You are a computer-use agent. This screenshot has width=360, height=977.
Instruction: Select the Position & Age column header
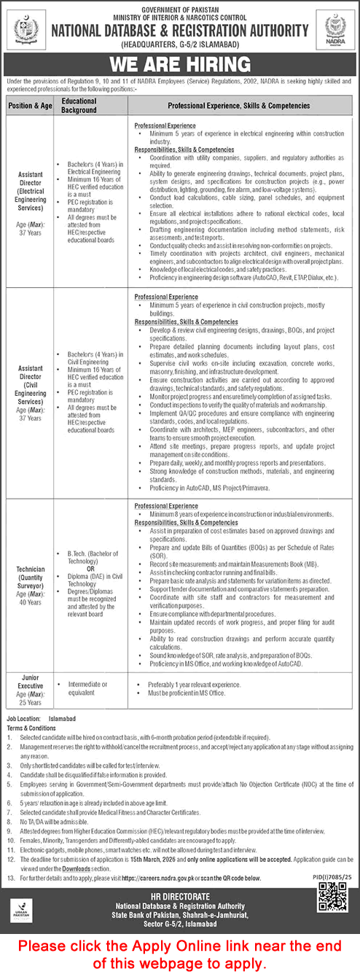click(x=29, y=106)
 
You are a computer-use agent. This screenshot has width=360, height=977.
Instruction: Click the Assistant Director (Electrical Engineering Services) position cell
click(x=29, y=196)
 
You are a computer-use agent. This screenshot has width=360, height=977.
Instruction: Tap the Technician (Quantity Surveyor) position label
click(x=29, y=579)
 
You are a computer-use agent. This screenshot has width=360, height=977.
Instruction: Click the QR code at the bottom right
click(x=332, y=896)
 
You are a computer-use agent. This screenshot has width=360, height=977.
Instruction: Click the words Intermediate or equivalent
click(x=87, y=688)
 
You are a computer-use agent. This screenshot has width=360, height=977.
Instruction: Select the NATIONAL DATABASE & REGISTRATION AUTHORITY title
click(x=179, y=31)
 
